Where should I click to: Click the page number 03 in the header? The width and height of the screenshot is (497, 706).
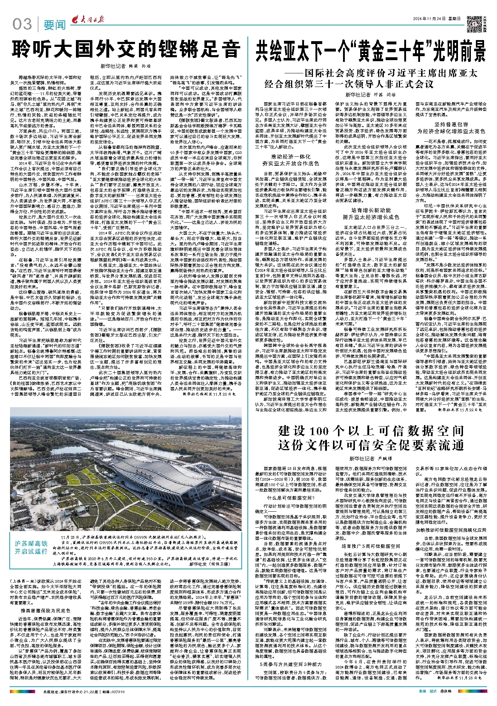22,24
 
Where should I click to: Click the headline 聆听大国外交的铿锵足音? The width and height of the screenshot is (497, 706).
126,50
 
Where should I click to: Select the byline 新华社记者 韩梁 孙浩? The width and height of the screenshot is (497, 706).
126,66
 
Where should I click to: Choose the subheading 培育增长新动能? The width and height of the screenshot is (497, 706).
371,210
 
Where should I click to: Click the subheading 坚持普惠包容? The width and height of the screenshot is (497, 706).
451,124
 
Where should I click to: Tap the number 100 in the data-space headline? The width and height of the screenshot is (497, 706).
322,431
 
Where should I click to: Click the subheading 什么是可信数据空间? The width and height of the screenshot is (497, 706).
290,498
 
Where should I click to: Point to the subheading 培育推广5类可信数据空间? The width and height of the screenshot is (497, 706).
371,546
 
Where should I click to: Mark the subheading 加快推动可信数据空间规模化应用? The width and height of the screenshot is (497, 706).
451,530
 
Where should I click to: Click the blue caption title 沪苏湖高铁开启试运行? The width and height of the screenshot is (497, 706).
31,547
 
